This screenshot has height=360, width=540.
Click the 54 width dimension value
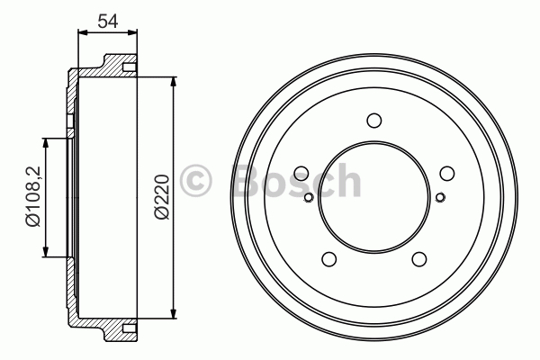(x=108, y=21)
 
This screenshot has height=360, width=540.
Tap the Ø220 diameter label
(x=162, y=197)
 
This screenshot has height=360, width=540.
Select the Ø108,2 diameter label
(x=33, y=197)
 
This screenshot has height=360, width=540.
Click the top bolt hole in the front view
(x=374, y=121)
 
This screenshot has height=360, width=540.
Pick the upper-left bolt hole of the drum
(x=301, y=174)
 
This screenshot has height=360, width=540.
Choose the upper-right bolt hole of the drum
(x=447, y=174)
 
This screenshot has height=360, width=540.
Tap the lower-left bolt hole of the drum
(x=328, y=258)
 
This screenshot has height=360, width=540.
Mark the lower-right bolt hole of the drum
(x=419, y=258)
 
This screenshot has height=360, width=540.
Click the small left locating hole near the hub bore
(x=309, y=197)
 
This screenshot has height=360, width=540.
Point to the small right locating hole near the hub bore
(x=440, y=197)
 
